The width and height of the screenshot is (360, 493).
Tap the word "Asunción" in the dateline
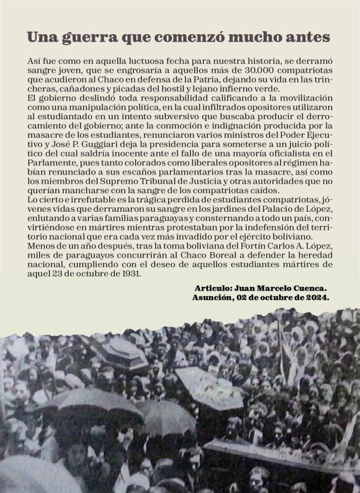click(215, 298)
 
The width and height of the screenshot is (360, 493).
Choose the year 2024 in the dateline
click(317, 298)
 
